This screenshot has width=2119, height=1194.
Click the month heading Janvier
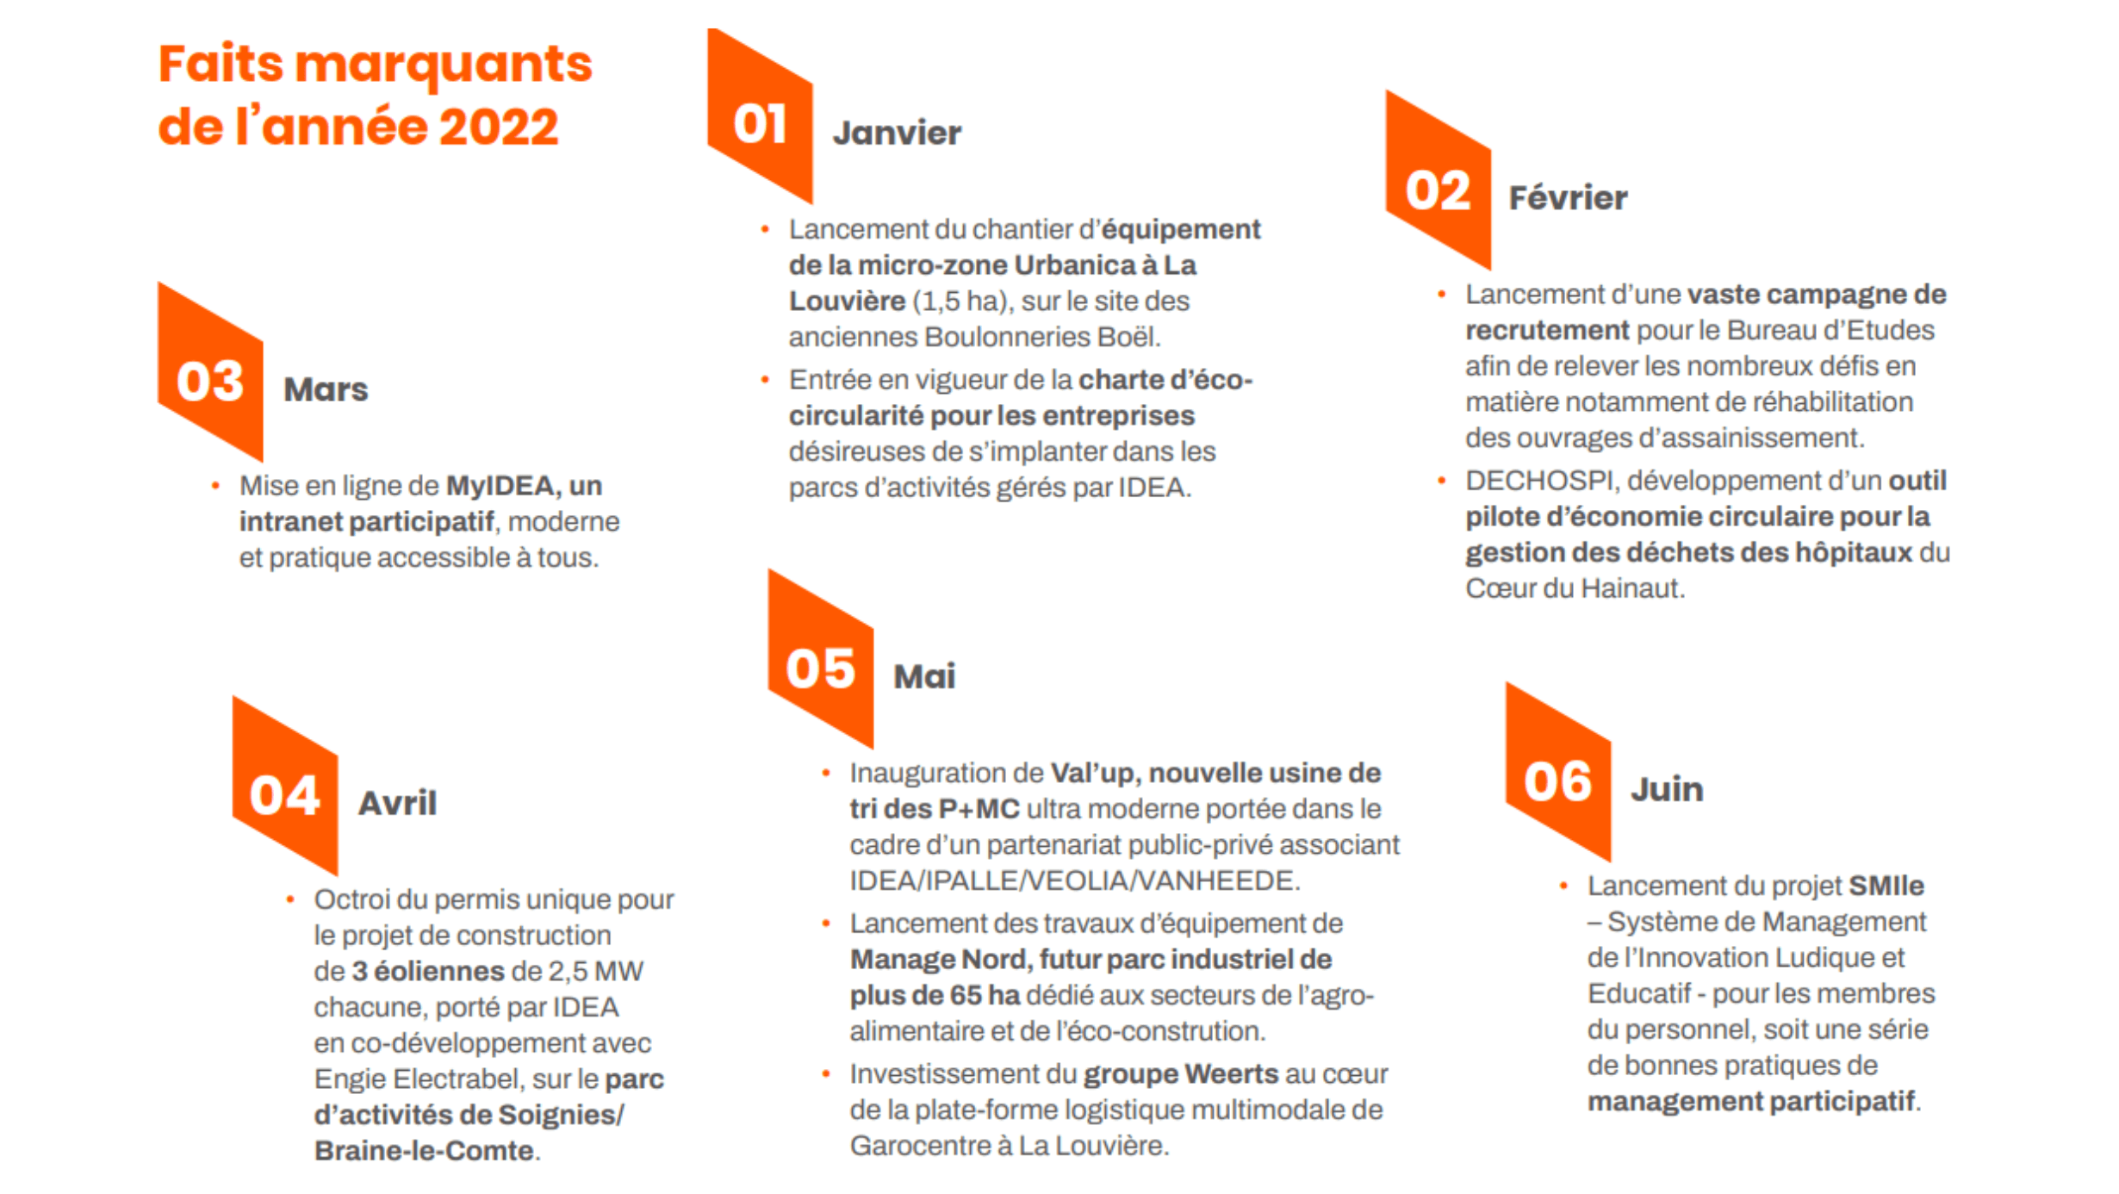897,133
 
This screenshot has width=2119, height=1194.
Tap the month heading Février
1568,198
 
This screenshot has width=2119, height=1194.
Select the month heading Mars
326,389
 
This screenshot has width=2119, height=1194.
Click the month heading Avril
397,803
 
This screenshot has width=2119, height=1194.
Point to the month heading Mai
924,676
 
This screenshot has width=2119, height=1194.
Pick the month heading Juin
1667,789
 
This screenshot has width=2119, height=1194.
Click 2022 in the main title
499,127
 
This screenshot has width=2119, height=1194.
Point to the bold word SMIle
1886,886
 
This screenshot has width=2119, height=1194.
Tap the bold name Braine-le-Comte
424,1151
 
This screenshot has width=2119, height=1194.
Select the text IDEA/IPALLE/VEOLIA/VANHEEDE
1074,880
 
